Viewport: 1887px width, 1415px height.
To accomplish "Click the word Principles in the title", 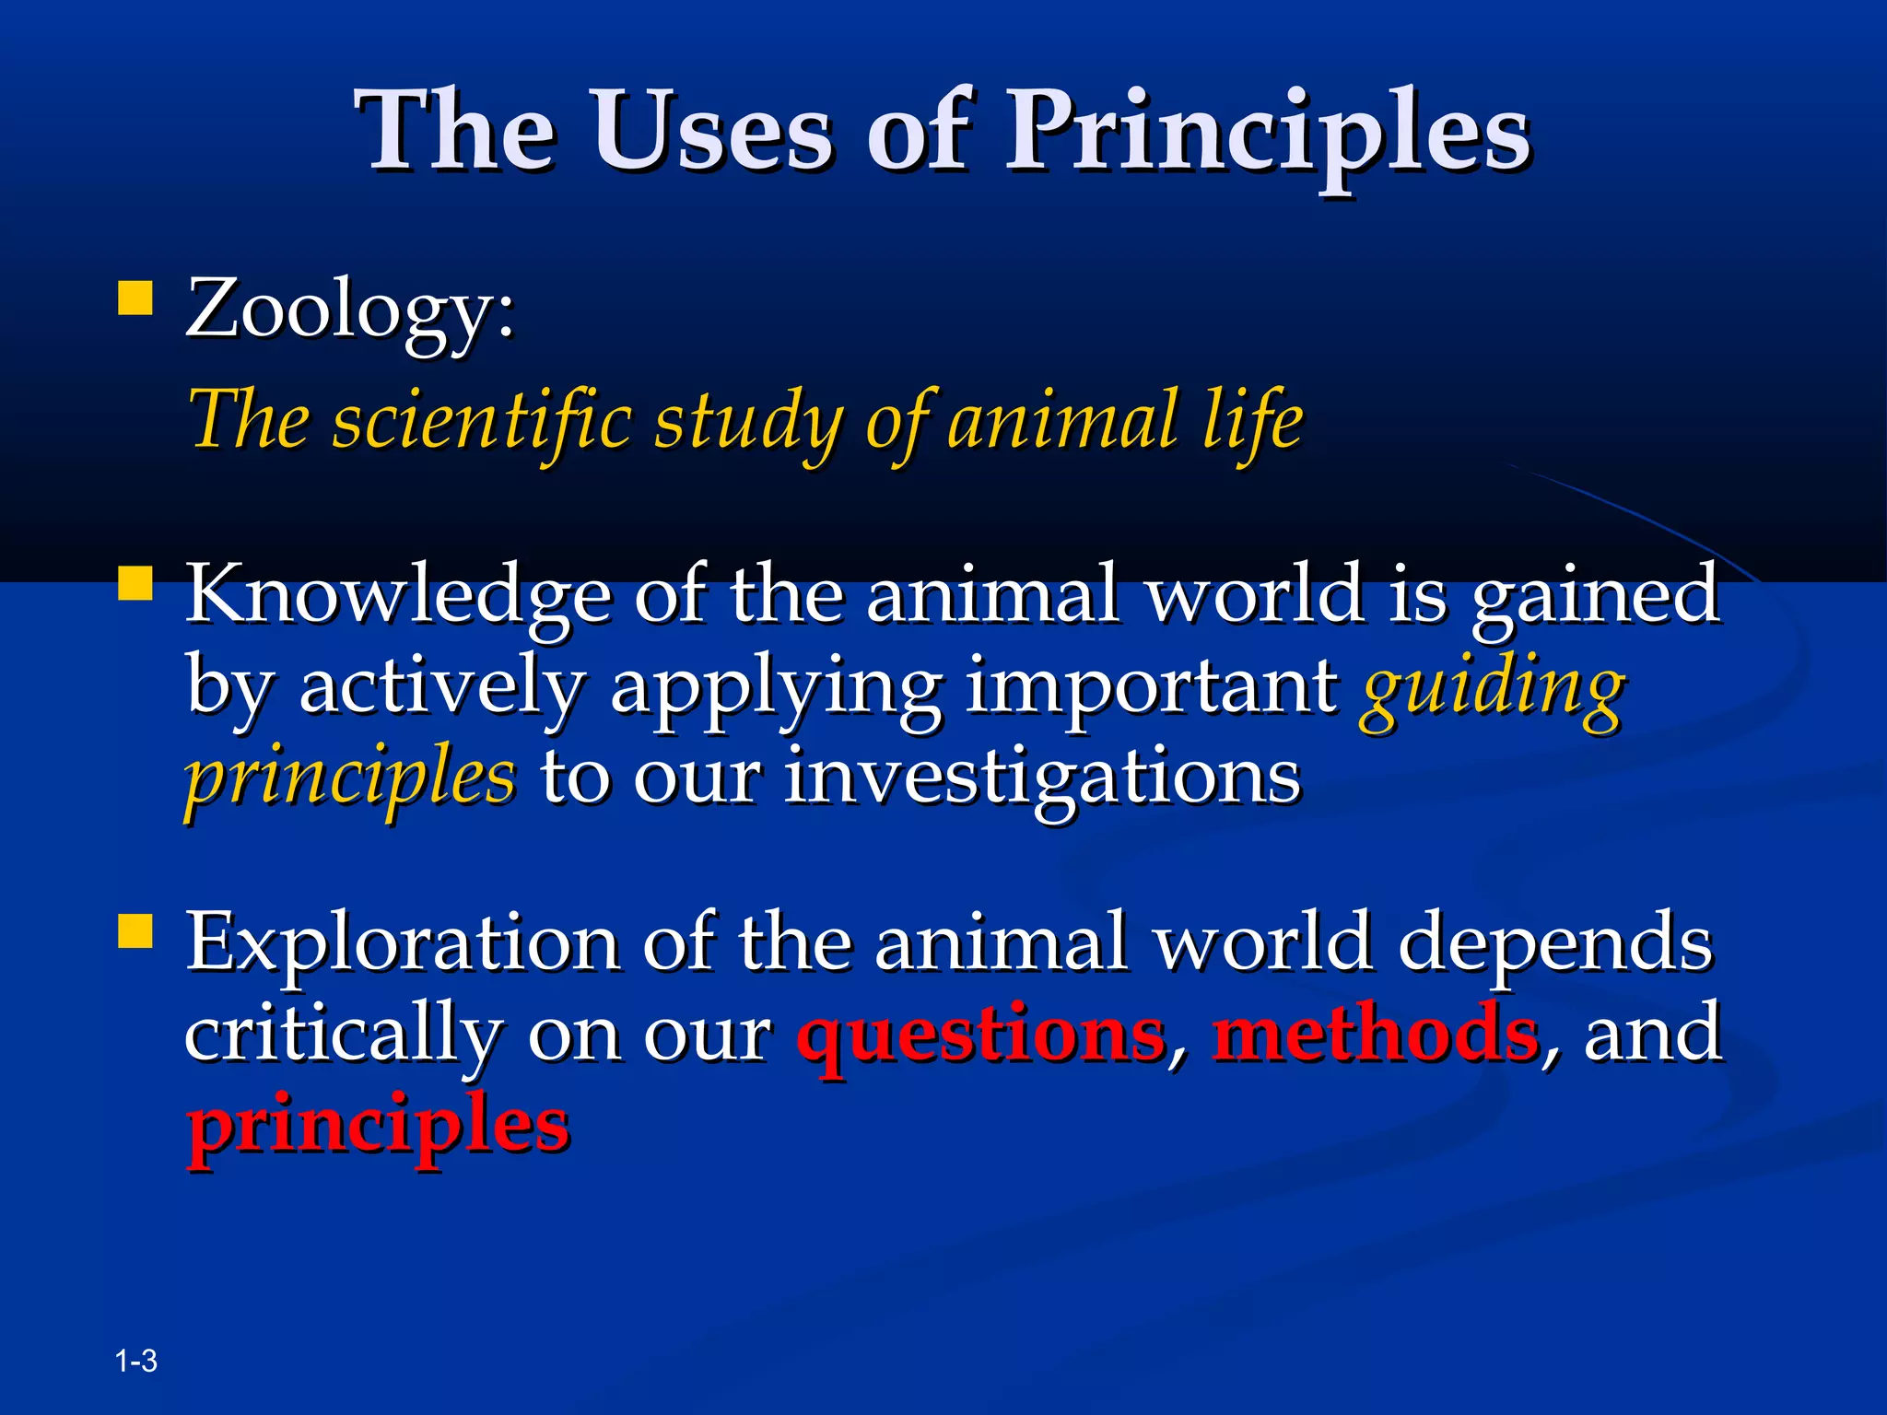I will pyautogui.click(x=1267, y=134).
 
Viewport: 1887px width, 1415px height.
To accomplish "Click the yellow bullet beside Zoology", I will pyautogui.click(x=135, y=299).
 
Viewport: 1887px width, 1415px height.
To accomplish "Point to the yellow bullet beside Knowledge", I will pyautogui.click(x=135, y=583).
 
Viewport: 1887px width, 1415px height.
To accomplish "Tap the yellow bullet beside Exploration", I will pyautogui.click(x=135, y=930).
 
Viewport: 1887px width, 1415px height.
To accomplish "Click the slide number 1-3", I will pyautogui.click(x=136, y=1361).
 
